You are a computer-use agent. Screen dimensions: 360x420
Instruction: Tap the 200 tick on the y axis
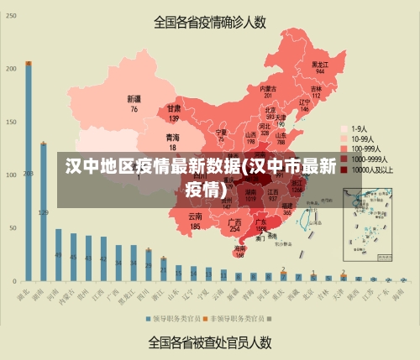click(11, 68)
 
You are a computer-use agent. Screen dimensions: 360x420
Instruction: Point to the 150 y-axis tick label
click(11, 122)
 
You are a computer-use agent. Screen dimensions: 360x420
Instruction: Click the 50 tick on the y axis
click(11, 227)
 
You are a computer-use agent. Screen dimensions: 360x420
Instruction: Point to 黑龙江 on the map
click(319, 64)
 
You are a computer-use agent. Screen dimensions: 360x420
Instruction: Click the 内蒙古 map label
click(268, 88)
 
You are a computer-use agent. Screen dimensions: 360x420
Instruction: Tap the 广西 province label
click(235, 222)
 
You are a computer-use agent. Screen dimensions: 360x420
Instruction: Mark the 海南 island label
click(240, 249)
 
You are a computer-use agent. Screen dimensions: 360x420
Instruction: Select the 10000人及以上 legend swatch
click(345, 169)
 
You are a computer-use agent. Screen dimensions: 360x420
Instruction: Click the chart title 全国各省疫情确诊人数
click(210, 23)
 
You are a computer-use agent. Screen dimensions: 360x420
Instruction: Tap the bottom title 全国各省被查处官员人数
click(210, 342)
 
